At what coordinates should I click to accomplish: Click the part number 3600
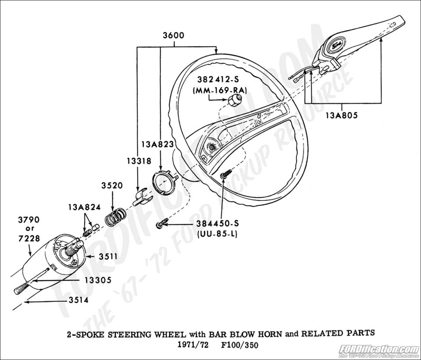pos(174,36)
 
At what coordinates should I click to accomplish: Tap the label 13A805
pos(342,115)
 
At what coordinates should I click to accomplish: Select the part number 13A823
pos(157,144)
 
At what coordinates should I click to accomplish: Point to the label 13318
pos(139,161)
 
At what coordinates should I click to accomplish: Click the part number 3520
pos(112,185)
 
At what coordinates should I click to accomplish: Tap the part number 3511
pos(108,257)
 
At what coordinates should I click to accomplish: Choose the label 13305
pos(98,280)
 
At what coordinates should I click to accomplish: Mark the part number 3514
pos(78,300)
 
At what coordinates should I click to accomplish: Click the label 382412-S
pos(218,80)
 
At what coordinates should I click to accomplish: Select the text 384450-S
pos(218,224)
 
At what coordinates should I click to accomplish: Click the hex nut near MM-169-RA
pos(233,100)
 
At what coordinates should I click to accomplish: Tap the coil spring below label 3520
pos(115,217)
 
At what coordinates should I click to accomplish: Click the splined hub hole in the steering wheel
pos(212,146)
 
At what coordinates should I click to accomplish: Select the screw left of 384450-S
pos(161,223)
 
